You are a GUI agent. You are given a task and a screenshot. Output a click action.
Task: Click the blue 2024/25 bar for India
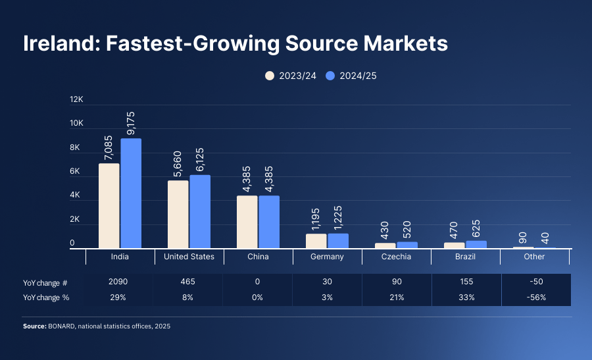pos(131,193)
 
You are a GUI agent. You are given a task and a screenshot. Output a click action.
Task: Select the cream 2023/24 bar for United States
pos(178,214)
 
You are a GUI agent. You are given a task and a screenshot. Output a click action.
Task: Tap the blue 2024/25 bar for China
pos(269,222)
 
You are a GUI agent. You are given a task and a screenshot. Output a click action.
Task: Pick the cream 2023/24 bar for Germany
pos(316,241)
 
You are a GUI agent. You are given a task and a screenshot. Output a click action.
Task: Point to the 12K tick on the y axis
pos(77,99)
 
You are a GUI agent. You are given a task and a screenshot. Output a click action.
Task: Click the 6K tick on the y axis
pos(76,172)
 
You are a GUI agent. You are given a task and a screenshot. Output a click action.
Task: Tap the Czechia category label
pos(397,257)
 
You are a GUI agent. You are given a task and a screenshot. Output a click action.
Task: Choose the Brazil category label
pos(466,257)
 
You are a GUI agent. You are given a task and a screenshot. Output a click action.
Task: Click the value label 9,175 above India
pos(131,123)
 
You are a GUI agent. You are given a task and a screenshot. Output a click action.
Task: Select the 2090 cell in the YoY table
pos(120,282)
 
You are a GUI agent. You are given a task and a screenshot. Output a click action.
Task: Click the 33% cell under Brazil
pos(466,297)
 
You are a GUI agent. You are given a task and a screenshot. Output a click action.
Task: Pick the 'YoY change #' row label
pos(45,282)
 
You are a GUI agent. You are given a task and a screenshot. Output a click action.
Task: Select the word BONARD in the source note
pos(62,326)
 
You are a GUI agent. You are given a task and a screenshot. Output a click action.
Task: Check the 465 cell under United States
pos(189,282)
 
